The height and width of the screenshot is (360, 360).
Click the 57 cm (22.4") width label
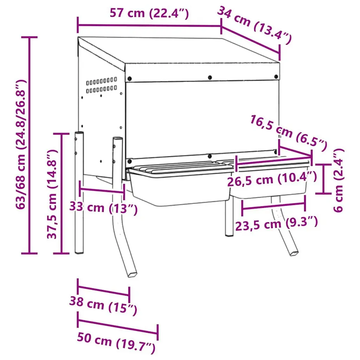click(x=149, y=13)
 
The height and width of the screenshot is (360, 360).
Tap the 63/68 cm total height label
click(x=21, y=144)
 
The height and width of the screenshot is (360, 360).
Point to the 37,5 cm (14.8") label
click(x=52, y=194)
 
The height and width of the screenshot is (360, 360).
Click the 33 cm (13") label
click(x=103, y=208)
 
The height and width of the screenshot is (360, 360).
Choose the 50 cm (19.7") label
click(x=116, y=342)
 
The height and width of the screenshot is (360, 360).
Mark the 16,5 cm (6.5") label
click(x=288, y=133)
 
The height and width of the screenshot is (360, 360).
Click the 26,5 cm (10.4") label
click(x=272, y=179)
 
